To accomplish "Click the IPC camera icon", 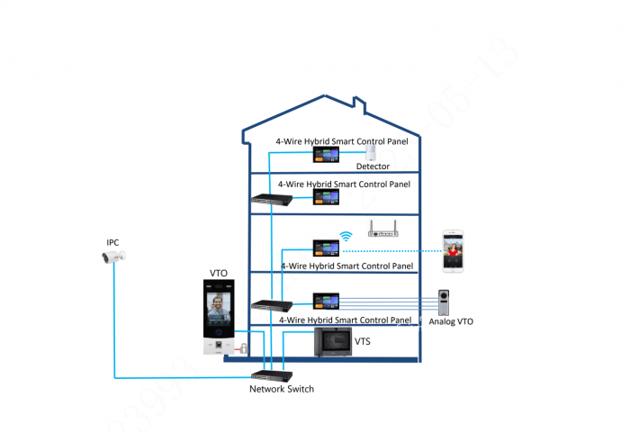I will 115,257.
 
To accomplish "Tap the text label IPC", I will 112,242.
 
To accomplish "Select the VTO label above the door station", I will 218,273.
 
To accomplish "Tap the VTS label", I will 363,342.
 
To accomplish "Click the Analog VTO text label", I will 451,321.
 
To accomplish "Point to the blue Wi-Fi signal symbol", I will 346,238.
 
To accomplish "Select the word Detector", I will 373,167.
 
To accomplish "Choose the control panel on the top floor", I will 325,156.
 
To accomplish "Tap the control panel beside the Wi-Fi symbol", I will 325,247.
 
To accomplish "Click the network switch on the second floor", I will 266,199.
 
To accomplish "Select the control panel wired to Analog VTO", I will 325,301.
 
